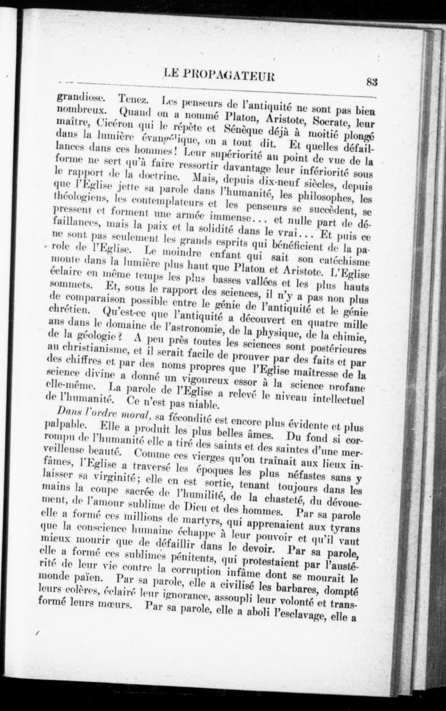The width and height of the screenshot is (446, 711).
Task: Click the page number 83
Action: point(372,81)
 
